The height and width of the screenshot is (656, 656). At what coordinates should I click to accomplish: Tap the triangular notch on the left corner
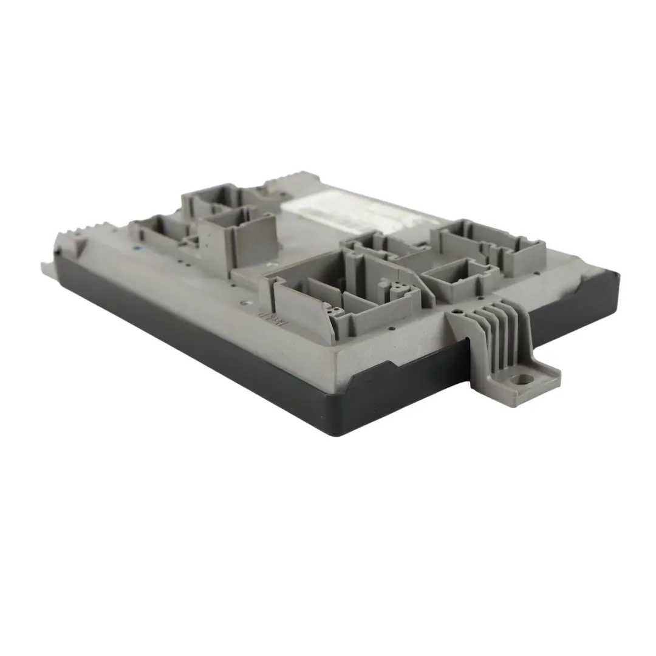coord(80,245)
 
